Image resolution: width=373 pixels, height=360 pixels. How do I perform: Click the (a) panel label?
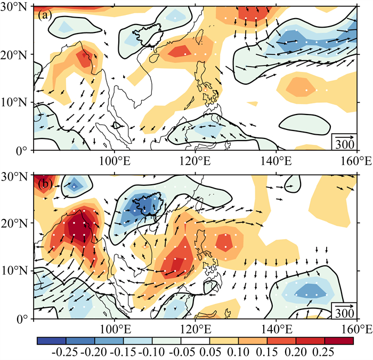click(x=45, y=15)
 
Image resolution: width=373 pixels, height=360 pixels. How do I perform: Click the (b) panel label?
click(x=45, y=184)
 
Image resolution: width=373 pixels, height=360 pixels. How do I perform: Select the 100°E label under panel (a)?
click(x=115, y=161)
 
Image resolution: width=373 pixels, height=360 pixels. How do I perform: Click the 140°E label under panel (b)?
click(x=276, y=329)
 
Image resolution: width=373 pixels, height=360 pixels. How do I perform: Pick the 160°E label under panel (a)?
click(x=356, y=161)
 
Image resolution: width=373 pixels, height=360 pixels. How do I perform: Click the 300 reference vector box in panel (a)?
click(x=344, y=142)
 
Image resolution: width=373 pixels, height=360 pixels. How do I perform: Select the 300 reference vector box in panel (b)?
click(x=344, y=310)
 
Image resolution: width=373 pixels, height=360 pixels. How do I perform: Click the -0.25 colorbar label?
click(x=64, y=351)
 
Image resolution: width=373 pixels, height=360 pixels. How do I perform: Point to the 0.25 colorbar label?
click(x=323, y=351)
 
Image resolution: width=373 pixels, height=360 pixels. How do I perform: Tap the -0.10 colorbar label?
click(x=151, y=351)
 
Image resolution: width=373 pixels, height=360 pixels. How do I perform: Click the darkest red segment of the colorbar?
click(x=339, y=340)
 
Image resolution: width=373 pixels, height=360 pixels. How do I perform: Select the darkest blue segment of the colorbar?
click(x=51, y=340)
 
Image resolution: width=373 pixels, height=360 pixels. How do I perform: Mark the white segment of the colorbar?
click(x=196, y=340)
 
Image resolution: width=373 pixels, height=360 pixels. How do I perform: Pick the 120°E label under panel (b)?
click(x=196, y=329)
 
